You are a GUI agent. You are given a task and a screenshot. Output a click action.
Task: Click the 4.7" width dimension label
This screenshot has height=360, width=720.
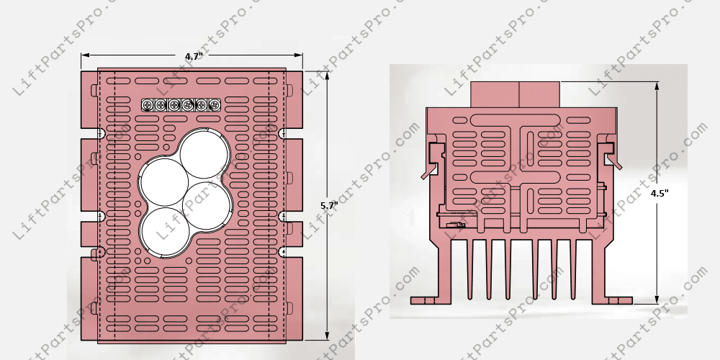pos(192,56)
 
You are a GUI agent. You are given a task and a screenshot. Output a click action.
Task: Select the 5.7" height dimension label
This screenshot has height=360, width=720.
pos(328,206)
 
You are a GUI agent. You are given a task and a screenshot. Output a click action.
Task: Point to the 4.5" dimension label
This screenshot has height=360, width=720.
pos(660,194)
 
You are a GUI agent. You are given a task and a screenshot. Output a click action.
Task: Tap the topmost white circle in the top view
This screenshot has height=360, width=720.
pos(204,154)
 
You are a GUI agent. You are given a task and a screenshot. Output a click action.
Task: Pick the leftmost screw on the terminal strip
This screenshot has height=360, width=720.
pos(148,105)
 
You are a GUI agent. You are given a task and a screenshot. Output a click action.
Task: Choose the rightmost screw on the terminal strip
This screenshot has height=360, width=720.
pos(214,105)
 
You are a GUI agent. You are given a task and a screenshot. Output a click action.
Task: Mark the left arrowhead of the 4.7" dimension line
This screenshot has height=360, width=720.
pos(85,55)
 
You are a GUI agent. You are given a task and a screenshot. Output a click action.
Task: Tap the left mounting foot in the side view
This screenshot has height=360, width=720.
pos(426,298)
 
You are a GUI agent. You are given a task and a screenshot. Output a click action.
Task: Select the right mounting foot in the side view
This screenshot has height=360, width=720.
pos(618,298)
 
